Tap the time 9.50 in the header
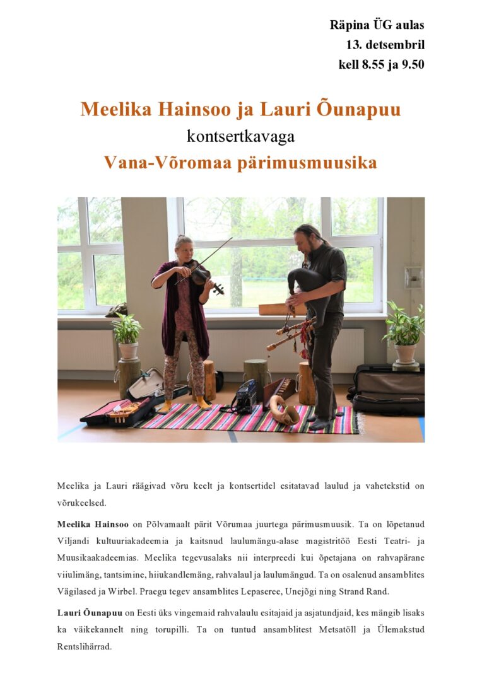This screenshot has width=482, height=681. [410, 64]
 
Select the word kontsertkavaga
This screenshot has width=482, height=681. [240, 136]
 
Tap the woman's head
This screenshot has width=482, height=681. [184, 244]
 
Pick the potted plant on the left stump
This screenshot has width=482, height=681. [127, 334]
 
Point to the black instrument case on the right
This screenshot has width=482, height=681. [387, 389]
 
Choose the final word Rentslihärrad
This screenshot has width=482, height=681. [84, 646]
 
